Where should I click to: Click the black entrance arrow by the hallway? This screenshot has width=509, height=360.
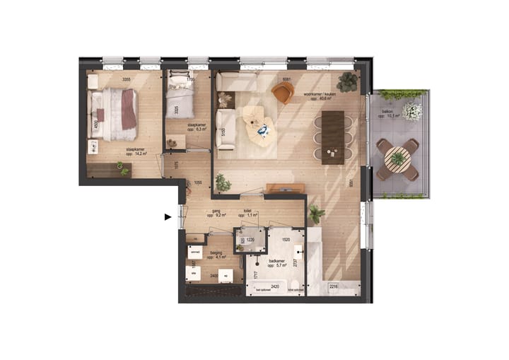168,217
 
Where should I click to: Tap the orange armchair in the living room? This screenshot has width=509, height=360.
282,93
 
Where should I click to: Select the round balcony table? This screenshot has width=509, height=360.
398,159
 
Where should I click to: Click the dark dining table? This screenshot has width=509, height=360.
332,137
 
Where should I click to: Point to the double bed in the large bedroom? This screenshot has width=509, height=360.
113,114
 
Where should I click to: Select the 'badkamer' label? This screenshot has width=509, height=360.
277,260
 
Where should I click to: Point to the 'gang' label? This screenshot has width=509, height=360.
211,211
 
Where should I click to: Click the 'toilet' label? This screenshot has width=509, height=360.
247,210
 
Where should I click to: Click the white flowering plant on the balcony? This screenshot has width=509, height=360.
412,111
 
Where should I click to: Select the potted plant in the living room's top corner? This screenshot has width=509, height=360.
347,82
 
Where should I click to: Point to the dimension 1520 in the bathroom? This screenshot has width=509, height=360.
285,240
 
